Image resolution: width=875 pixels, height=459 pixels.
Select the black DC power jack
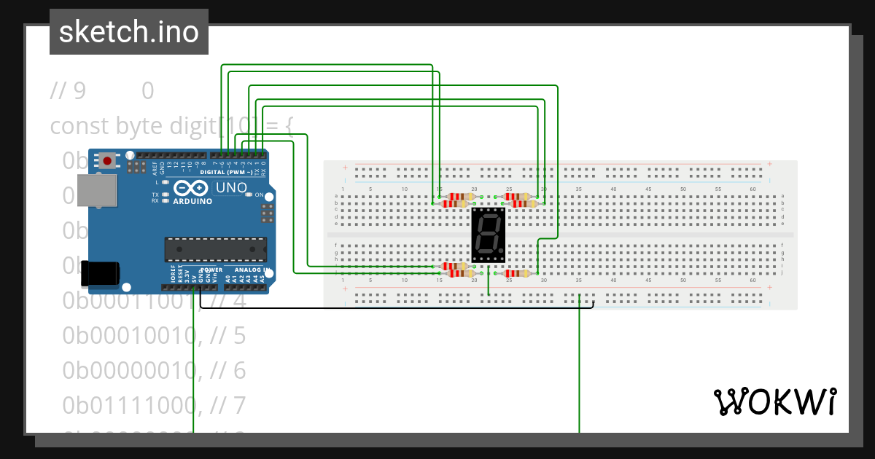tap(99, 272)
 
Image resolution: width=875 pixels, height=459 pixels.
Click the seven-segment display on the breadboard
tap(489, 235)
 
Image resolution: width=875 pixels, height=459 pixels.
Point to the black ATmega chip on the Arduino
tap(215, 249)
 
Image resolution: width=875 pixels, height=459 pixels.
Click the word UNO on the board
tap(231, 187)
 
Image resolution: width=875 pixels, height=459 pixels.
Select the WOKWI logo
tap(774, 401)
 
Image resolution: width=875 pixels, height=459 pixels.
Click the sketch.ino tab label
tap(129, 32)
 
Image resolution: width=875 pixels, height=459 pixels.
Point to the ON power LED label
tap(259, 195)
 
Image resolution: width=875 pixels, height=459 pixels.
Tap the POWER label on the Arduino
tap(211, 270)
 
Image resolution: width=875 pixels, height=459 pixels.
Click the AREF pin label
tap(155, 169)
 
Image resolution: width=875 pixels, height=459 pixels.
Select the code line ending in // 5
tap(155, 335)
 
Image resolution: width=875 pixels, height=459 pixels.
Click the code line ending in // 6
tap(155, 370)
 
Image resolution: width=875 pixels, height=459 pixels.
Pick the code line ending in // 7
tap(155, 404)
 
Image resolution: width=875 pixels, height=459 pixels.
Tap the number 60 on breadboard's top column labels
tap(754, 189)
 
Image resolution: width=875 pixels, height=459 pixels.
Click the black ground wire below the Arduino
tap(394, 307)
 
